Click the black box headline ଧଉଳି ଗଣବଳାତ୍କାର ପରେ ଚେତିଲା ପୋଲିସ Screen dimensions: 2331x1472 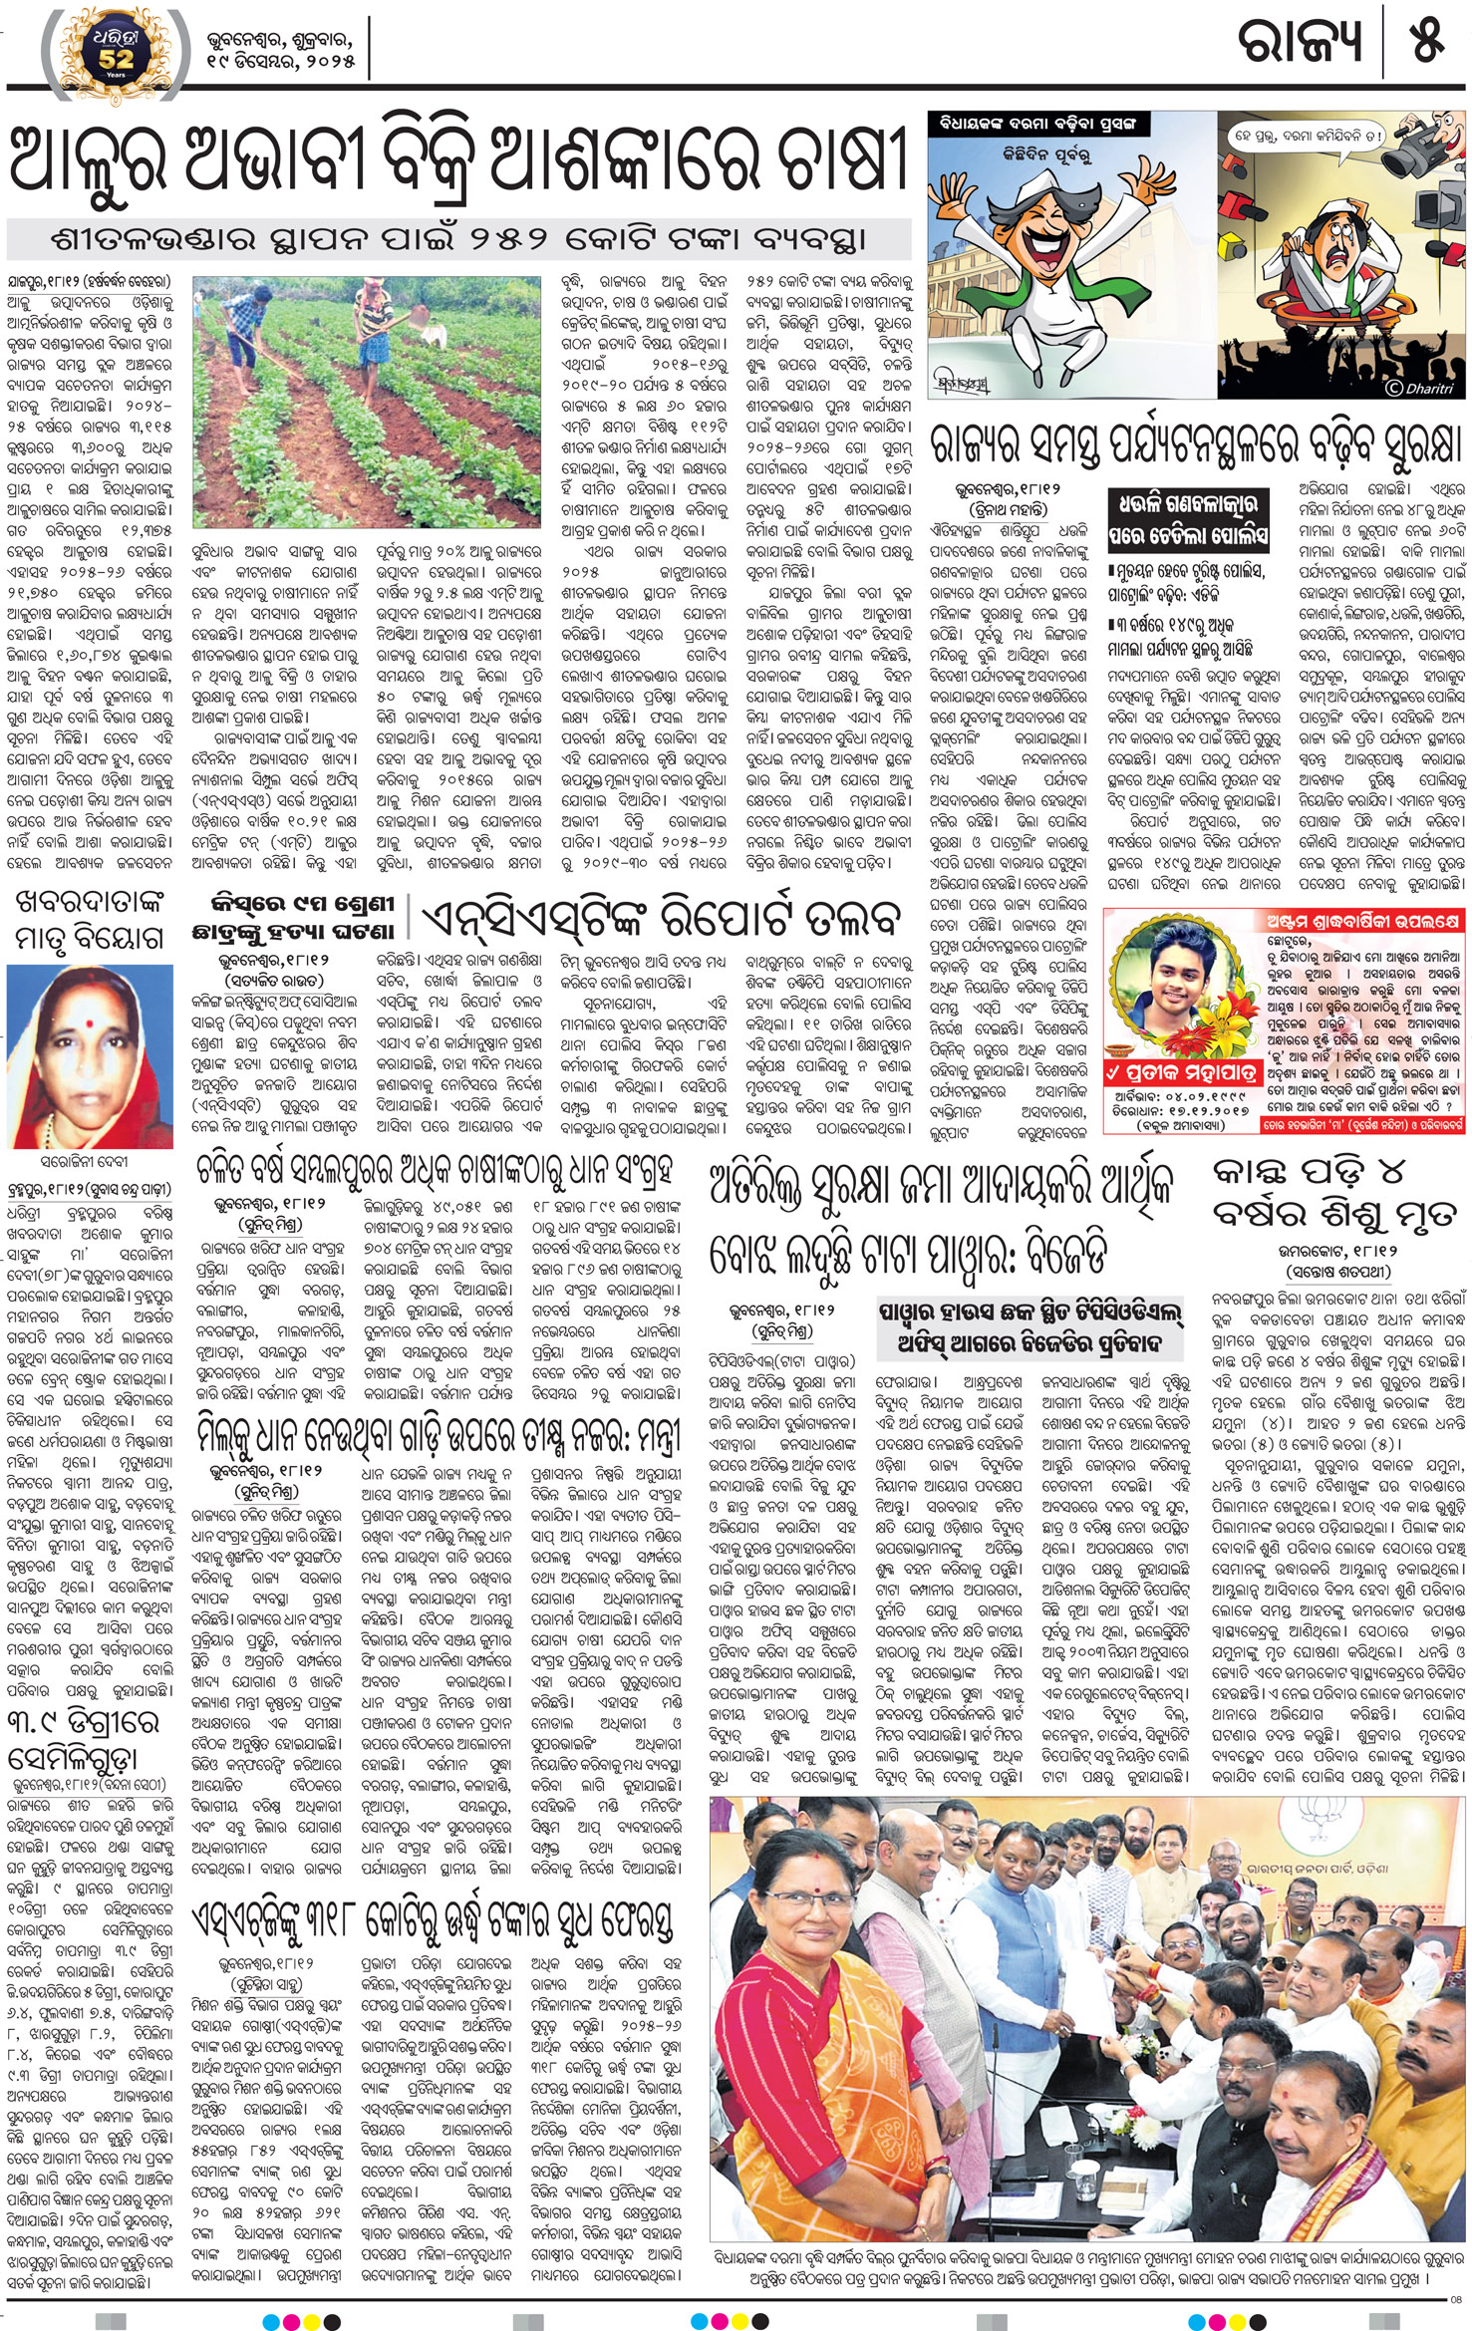[1188, 519]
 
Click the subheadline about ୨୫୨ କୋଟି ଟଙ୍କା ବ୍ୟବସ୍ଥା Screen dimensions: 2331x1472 [459, 240]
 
